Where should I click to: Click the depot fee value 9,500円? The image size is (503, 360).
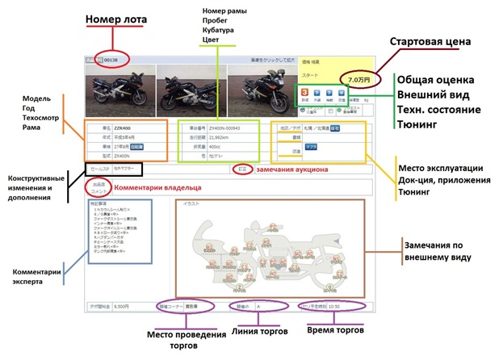click(x=121, y=307)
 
